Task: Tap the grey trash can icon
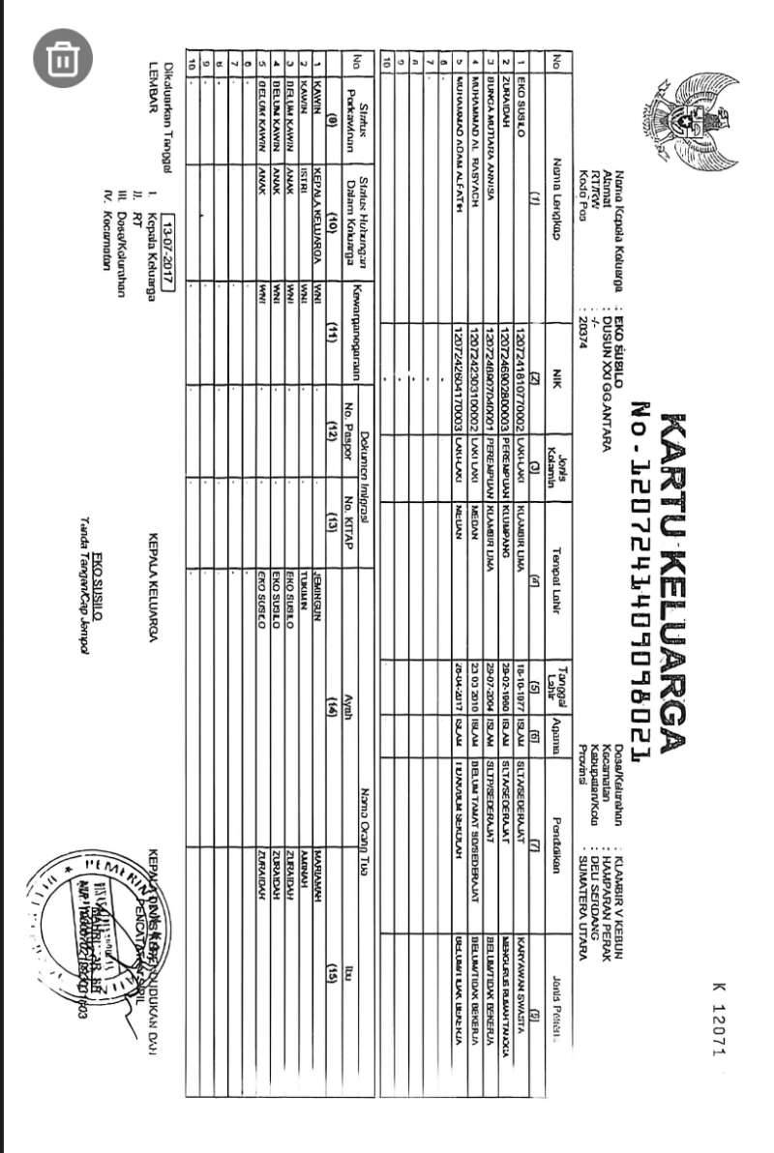coord(63,58)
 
